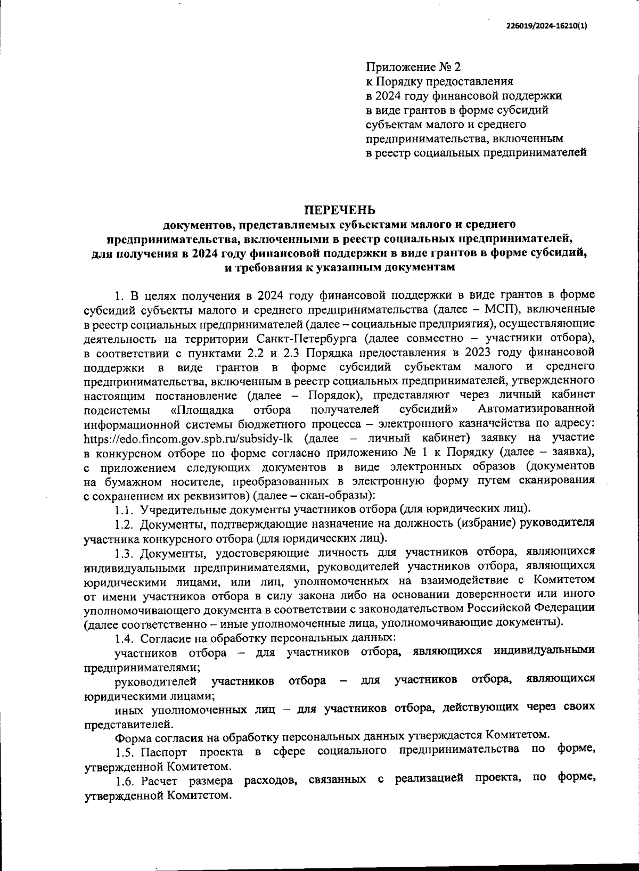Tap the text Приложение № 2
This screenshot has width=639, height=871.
(413, 68)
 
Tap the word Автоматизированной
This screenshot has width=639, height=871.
(536, 409)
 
